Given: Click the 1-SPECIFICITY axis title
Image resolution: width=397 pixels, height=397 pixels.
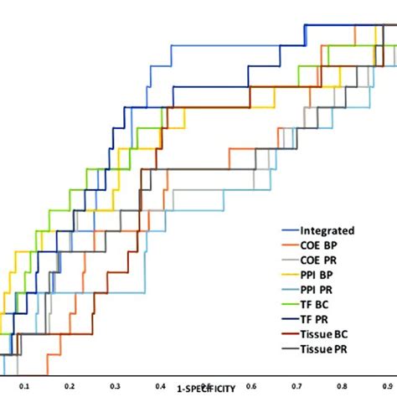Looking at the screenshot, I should (x=205, y=389).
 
